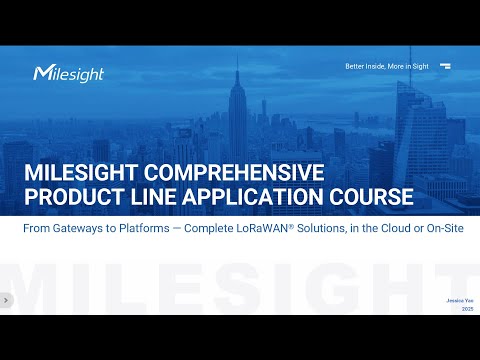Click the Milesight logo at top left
(x=68, y=73)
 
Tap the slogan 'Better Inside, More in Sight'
(x=387, y=66)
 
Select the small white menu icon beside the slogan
(x=445, y=66)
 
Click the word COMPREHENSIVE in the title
(x=237, y=172)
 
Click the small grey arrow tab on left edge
(x=4, y=299)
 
